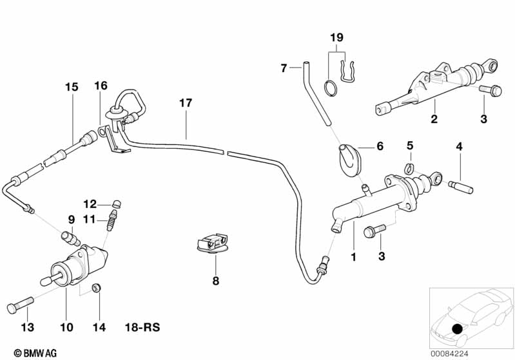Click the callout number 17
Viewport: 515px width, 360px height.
click(186, 103)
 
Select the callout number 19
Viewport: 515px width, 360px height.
click(336, 38)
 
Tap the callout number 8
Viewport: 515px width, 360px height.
click(216, 281)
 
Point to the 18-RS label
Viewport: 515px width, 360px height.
click(142, 327)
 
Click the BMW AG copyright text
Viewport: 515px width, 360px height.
click(35, 353)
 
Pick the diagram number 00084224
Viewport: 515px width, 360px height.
click(449, 354)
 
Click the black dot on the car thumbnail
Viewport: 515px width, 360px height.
click(457, 329)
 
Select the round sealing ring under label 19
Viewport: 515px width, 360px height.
click(331, 87)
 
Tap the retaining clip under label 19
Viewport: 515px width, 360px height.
click(347, 71)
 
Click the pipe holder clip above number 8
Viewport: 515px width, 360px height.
click(213, 243)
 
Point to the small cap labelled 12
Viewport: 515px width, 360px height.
click(116, 203)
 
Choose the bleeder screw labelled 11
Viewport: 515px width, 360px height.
click(112, 220)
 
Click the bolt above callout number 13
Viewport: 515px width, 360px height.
click(21, 305)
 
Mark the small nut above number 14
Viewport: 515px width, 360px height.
click(96, 288)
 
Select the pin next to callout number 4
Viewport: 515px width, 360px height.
click(460, 187)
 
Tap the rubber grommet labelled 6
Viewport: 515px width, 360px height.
click(350, 161)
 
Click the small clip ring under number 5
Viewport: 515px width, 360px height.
click(409, 168)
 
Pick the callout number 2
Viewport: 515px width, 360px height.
click(434, 118)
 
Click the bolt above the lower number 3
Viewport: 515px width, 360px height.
click(374, 231)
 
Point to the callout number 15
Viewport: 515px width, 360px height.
click(72, 88)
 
